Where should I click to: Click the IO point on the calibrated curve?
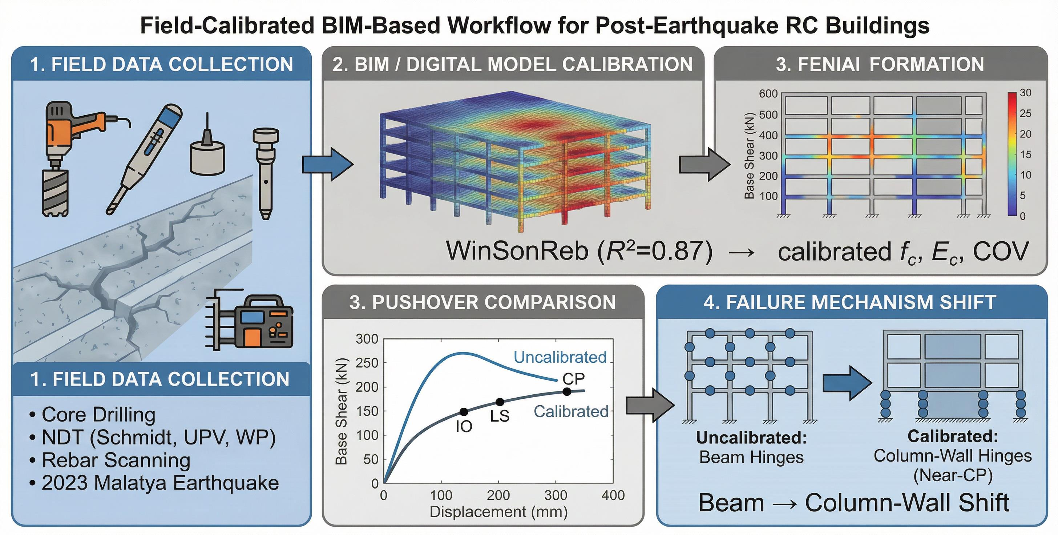[x=464, y=412]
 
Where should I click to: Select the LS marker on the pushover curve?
[x=500, y=402]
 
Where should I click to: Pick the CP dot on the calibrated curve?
[x=567, y=391]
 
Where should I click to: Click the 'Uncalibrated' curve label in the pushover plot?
[x=560, y=357]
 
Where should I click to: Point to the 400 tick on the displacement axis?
[x=613, y=495]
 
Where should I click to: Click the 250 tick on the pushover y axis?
[x=367, y=363]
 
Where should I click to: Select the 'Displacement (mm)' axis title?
[x=498, y=512]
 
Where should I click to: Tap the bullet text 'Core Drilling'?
[x=98, y=415]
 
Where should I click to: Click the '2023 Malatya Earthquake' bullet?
[x=160, y=483]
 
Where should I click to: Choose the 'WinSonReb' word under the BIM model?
[x=517, y=251]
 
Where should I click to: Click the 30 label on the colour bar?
[x=1026, y=93]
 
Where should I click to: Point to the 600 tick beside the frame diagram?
[x=768, y=94]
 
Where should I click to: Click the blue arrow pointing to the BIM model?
[x=327, y=164]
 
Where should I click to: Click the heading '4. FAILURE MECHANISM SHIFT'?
[x=850, y=302]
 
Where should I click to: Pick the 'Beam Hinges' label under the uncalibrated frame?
[x=751, y=457]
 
